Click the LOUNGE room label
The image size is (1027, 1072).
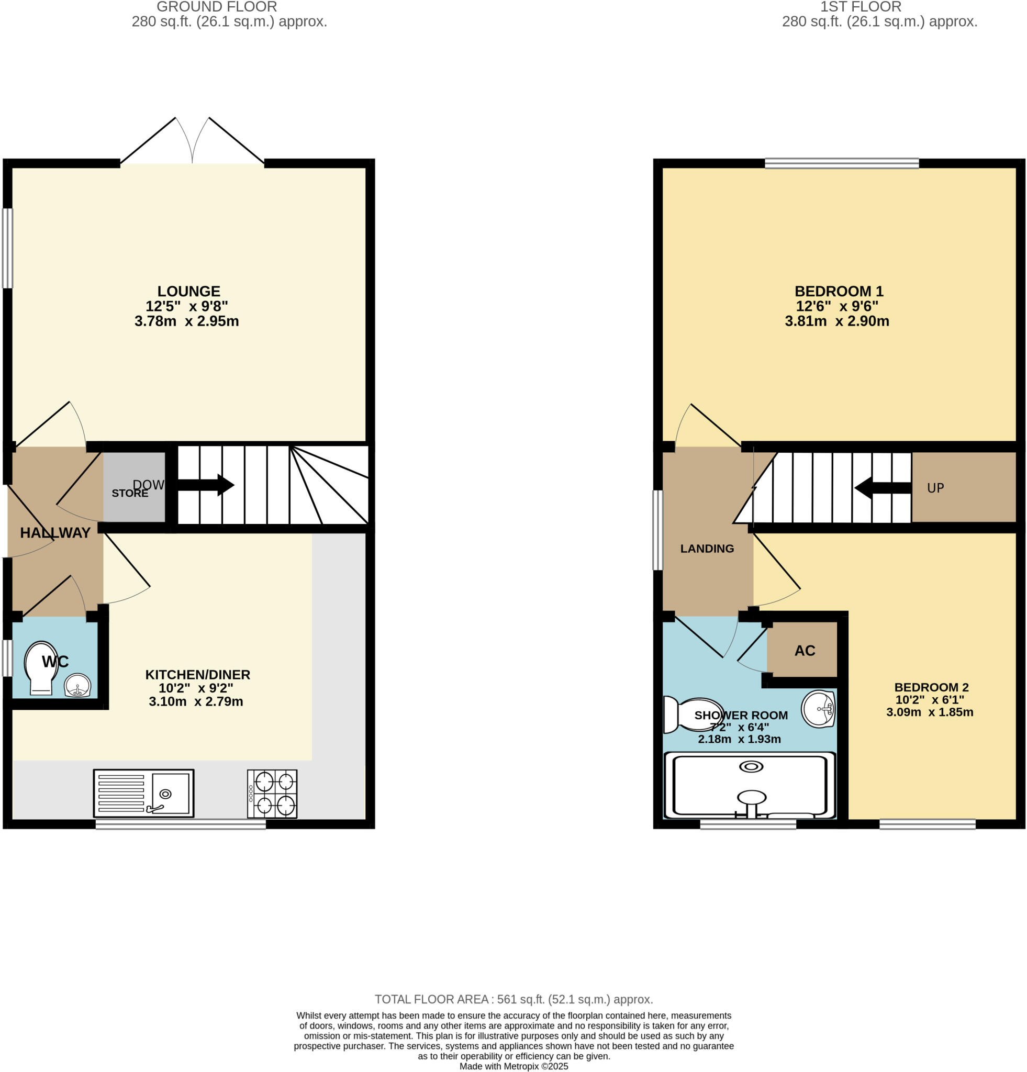pyautogui.click(x=188, y=292)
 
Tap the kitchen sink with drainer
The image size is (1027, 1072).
pyautogui.click(x=144, y=794)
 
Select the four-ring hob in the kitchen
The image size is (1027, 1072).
pyautogui.click(x=272, y=794)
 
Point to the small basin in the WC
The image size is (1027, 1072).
pyautogui.click(x=77, y=685)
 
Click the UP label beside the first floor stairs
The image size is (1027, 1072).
pyautogui.click(x=935, y=488)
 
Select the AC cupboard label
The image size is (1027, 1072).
pyautogui.click(x=805, y=651)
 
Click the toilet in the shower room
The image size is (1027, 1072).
pyautogui.click(x=692, y=715)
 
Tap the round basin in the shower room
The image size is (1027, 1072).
pyautogui.click(x=819, y=709)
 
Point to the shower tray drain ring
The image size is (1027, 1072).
pyautogui.click(x=751, y=767)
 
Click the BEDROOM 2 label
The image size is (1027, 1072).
pyautogui.click(x=931, y=687)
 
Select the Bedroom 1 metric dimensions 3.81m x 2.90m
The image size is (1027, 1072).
pyautogui.click(x=836, y=321)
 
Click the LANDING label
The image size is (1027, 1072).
pyautogui.click(x=707, y=549)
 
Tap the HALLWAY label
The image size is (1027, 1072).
pyautogui.click(x=55, y=533)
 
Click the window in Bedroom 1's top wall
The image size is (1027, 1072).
pyautogui.click(x=841, y=163)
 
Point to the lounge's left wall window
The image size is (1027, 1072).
pyautogui.click(x=8, y=248)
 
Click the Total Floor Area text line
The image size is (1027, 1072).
pyautogui.click(x=513, y=999)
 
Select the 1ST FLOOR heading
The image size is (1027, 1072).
pyautogui.click(x=860, y=7)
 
